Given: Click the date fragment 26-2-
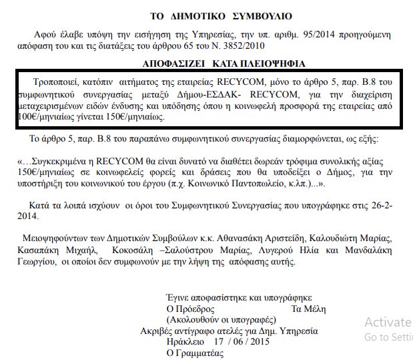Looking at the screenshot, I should pyautogui.click(x=372, y=202).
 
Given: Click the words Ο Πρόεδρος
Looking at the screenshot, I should pyautogui.click(x=190, y=309).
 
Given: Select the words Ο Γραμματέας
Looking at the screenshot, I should pyautogui.click(x=196, y=352).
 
